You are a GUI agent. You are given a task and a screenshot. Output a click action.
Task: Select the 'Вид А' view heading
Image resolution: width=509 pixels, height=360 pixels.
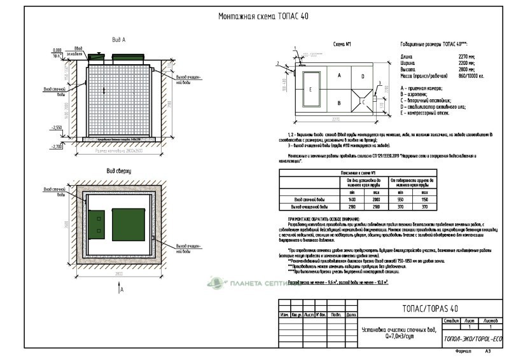118,39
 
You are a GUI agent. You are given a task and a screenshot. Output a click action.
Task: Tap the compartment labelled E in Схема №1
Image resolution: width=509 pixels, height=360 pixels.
310,89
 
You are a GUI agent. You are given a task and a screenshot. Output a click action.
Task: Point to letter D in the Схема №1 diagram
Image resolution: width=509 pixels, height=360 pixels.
362,76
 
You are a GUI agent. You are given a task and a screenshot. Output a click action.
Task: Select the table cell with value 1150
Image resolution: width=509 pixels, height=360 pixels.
424,199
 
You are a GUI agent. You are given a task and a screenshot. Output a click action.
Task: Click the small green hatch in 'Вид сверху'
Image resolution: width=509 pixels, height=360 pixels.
99,223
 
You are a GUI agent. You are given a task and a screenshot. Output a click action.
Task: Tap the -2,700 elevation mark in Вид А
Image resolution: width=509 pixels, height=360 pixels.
58,146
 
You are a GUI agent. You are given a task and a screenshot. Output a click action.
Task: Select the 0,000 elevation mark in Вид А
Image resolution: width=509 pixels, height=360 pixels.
58,49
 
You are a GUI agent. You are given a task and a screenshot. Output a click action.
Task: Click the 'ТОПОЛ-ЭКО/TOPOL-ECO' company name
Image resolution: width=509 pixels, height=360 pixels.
472,340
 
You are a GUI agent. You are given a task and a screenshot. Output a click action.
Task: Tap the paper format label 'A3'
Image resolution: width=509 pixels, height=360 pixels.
489,351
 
